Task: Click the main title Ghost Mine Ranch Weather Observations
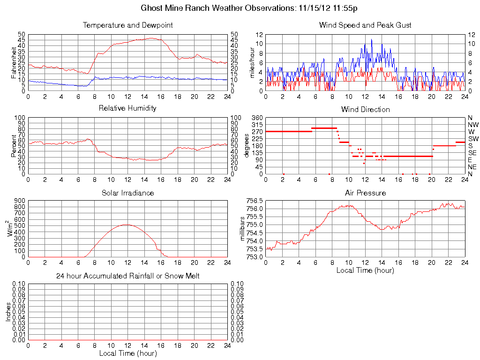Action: (x=249, y=8)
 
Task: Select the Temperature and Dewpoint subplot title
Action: (x=127, y=25)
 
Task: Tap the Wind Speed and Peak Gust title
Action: (x=365, y=25)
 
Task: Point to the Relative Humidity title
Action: (x=127, y=109)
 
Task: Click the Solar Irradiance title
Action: (x=127, y=193)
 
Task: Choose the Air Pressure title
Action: (x=365, y=193)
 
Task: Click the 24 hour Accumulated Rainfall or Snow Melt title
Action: (x=127, y=277)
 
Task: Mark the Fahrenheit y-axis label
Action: (x=14, y=62)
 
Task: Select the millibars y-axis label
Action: (x=242, y=229)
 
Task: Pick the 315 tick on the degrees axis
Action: (x=257, y=125)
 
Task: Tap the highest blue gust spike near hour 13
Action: (x=372, y=39)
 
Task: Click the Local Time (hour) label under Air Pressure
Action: (x=365, y=270)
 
